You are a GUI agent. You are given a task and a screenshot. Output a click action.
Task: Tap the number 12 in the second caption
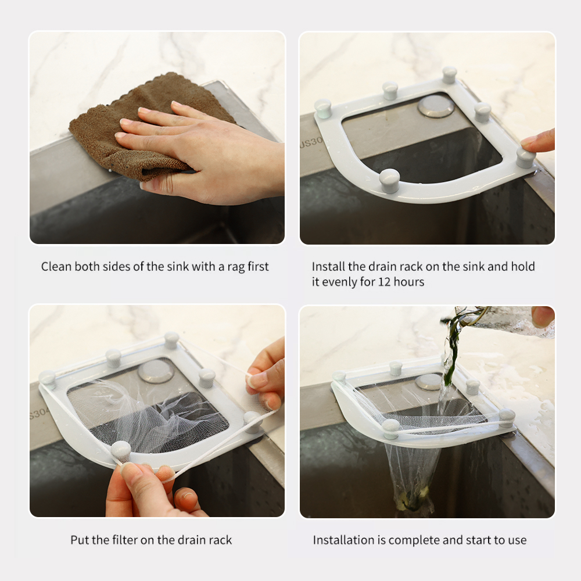[x=384, y=282]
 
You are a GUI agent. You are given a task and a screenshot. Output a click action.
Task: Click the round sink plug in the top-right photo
[x=436, y=105]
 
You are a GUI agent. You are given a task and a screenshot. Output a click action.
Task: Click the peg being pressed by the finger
[x=525, y=157]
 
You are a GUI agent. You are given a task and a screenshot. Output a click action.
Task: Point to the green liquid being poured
[x=452, y=341]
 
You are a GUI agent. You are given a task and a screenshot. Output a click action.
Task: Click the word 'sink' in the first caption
[x=178, y=267]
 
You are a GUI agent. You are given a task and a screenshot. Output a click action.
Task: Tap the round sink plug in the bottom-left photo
[x=156, y=371]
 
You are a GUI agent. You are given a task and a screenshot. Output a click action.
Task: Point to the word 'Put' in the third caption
[x=79, y=540]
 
